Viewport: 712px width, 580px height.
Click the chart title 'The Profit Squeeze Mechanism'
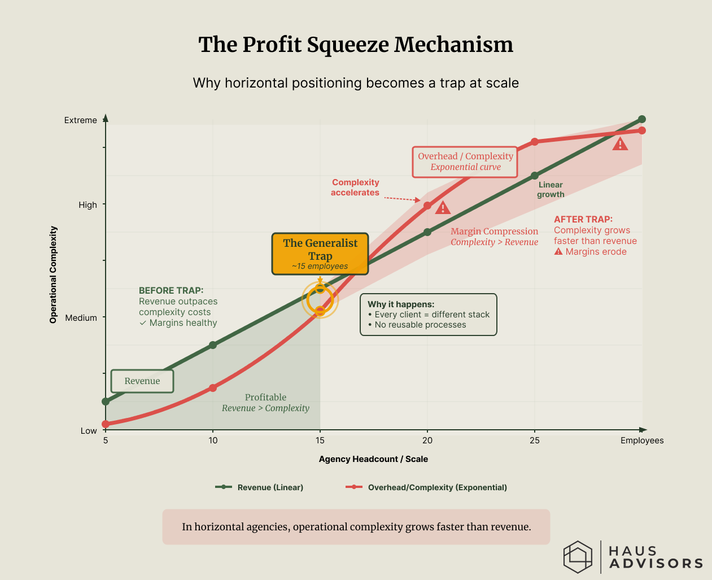356,45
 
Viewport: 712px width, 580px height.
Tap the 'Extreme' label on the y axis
81,120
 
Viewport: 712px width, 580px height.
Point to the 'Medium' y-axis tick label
81,318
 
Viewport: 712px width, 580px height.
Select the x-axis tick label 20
427,441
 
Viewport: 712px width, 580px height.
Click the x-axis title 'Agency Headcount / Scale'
373,459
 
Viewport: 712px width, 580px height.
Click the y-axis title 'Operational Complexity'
54,274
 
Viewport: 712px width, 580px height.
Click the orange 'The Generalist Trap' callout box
320,254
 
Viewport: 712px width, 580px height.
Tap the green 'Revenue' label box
142,381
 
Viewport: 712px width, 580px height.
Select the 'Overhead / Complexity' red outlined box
465,162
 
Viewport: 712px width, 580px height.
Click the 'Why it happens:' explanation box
429,315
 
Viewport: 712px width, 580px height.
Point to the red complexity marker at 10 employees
213,388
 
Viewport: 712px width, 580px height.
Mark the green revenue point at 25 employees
535,176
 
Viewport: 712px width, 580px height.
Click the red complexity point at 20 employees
427,206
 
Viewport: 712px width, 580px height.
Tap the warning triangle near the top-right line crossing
620,144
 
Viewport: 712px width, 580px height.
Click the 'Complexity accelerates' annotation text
355,187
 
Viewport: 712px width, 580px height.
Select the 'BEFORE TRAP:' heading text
171,291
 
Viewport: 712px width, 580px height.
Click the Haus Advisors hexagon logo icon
578,557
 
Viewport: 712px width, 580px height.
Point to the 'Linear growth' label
551,190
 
